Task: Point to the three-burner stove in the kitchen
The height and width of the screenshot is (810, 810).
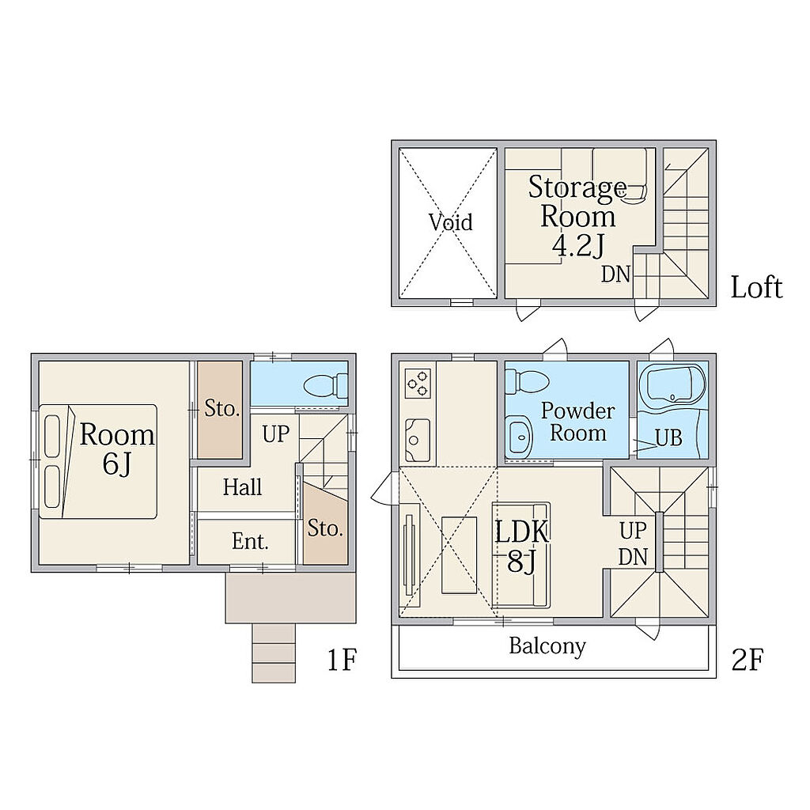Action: pos(418,382)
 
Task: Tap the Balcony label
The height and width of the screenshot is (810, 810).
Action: pos(547,646)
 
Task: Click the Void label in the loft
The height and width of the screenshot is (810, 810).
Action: pos(450,222)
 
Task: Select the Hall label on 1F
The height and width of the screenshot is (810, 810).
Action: pos(242,486)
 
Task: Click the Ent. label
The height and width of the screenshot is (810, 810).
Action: pos(250,541)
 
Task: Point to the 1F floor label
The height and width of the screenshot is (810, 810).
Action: pos(342,660)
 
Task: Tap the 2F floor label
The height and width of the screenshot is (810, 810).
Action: pos(747,660)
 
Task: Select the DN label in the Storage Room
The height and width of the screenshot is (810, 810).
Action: pos(615,274)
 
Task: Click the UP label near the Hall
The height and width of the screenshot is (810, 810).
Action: pos(275,434)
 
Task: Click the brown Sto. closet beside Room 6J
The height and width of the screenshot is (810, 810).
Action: pos(220,410)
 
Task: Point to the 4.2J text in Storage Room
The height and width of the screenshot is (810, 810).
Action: pos(578,246)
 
